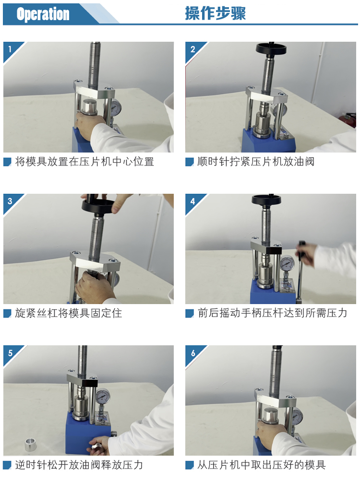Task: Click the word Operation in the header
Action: point(43,14)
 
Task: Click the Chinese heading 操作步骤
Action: point(216,13)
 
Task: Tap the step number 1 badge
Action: point(10,49)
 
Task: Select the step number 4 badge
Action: point(192,201)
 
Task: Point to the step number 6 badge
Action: point(193,353)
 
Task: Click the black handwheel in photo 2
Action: point(271,48)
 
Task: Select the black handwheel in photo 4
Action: point(266,199)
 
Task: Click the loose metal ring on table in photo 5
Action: point(31,445)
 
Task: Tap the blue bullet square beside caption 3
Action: point(7,313)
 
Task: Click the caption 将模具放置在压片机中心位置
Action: point(84,162)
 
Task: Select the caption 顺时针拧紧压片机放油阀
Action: point(256,162)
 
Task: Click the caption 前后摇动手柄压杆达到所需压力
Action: point(272,313)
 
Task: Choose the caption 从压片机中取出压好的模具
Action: point(261,465)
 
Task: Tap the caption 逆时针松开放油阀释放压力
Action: point(79,465)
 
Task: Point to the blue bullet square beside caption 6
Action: point(190,465)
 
